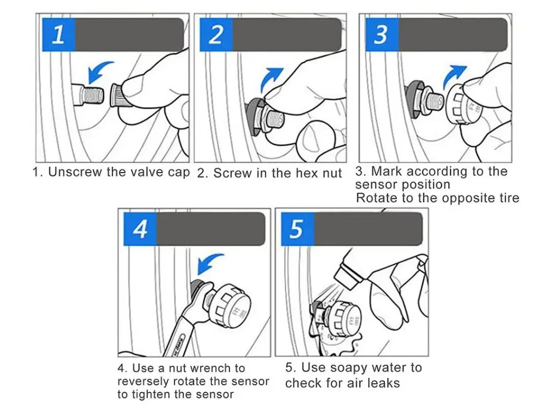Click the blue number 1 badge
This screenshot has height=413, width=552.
(x=59, y=35)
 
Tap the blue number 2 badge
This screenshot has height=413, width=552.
(x=216, y=35)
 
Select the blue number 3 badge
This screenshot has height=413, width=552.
(x=381, y=35)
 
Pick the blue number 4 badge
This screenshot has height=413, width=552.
(x=140, y=229)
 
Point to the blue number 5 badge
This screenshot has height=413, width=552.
(x=297, y=229)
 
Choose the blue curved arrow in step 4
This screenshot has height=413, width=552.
(x=207, y=262)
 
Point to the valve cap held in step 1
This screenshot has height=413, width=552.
(x=117, y=94)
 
